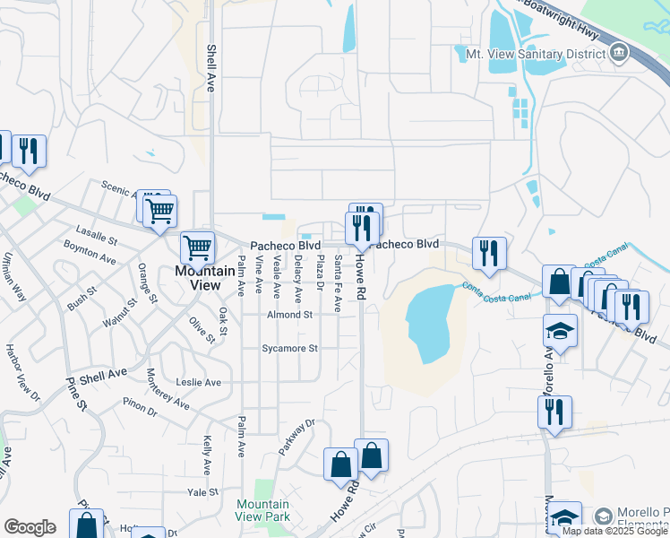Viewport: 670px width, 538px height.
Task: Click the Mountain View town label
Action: (x=197, y=277)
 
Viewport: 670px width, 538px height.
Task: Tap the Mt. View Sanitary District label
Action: (x=530, y=54)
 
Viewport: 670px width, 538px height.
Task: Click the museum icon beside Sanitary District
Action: (x=619, y=54)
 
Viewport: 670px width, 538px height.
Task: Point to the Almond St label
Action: (x=289, y=315)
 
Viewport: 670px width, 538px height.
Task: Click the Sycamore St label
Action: (x=289, y=348)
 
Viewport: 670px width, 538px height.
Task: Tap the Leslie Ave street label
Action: (x=200, y=382)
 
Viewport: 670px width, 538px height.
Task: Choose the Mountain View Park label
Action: (x=262, y=510)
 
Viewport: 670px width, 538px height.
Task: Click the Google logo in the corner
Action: (x=30, y=526)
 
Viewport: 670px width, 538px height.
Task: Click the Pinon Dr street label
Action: (x=140, y=412)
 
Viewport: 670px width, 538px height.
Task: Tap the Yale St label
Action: (x=202, y=492)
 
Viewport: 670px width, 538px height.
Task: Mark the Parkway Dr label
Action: (x=297, y=437)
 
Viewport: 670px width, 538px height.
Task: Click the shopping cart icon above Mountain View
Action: (x=197, y=247)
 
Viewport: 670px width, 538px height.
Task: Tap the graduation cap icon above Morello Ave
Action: (x=560, y=333)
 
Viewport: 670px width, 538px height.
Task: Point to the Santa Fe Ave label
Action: (x=338, y=283)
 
